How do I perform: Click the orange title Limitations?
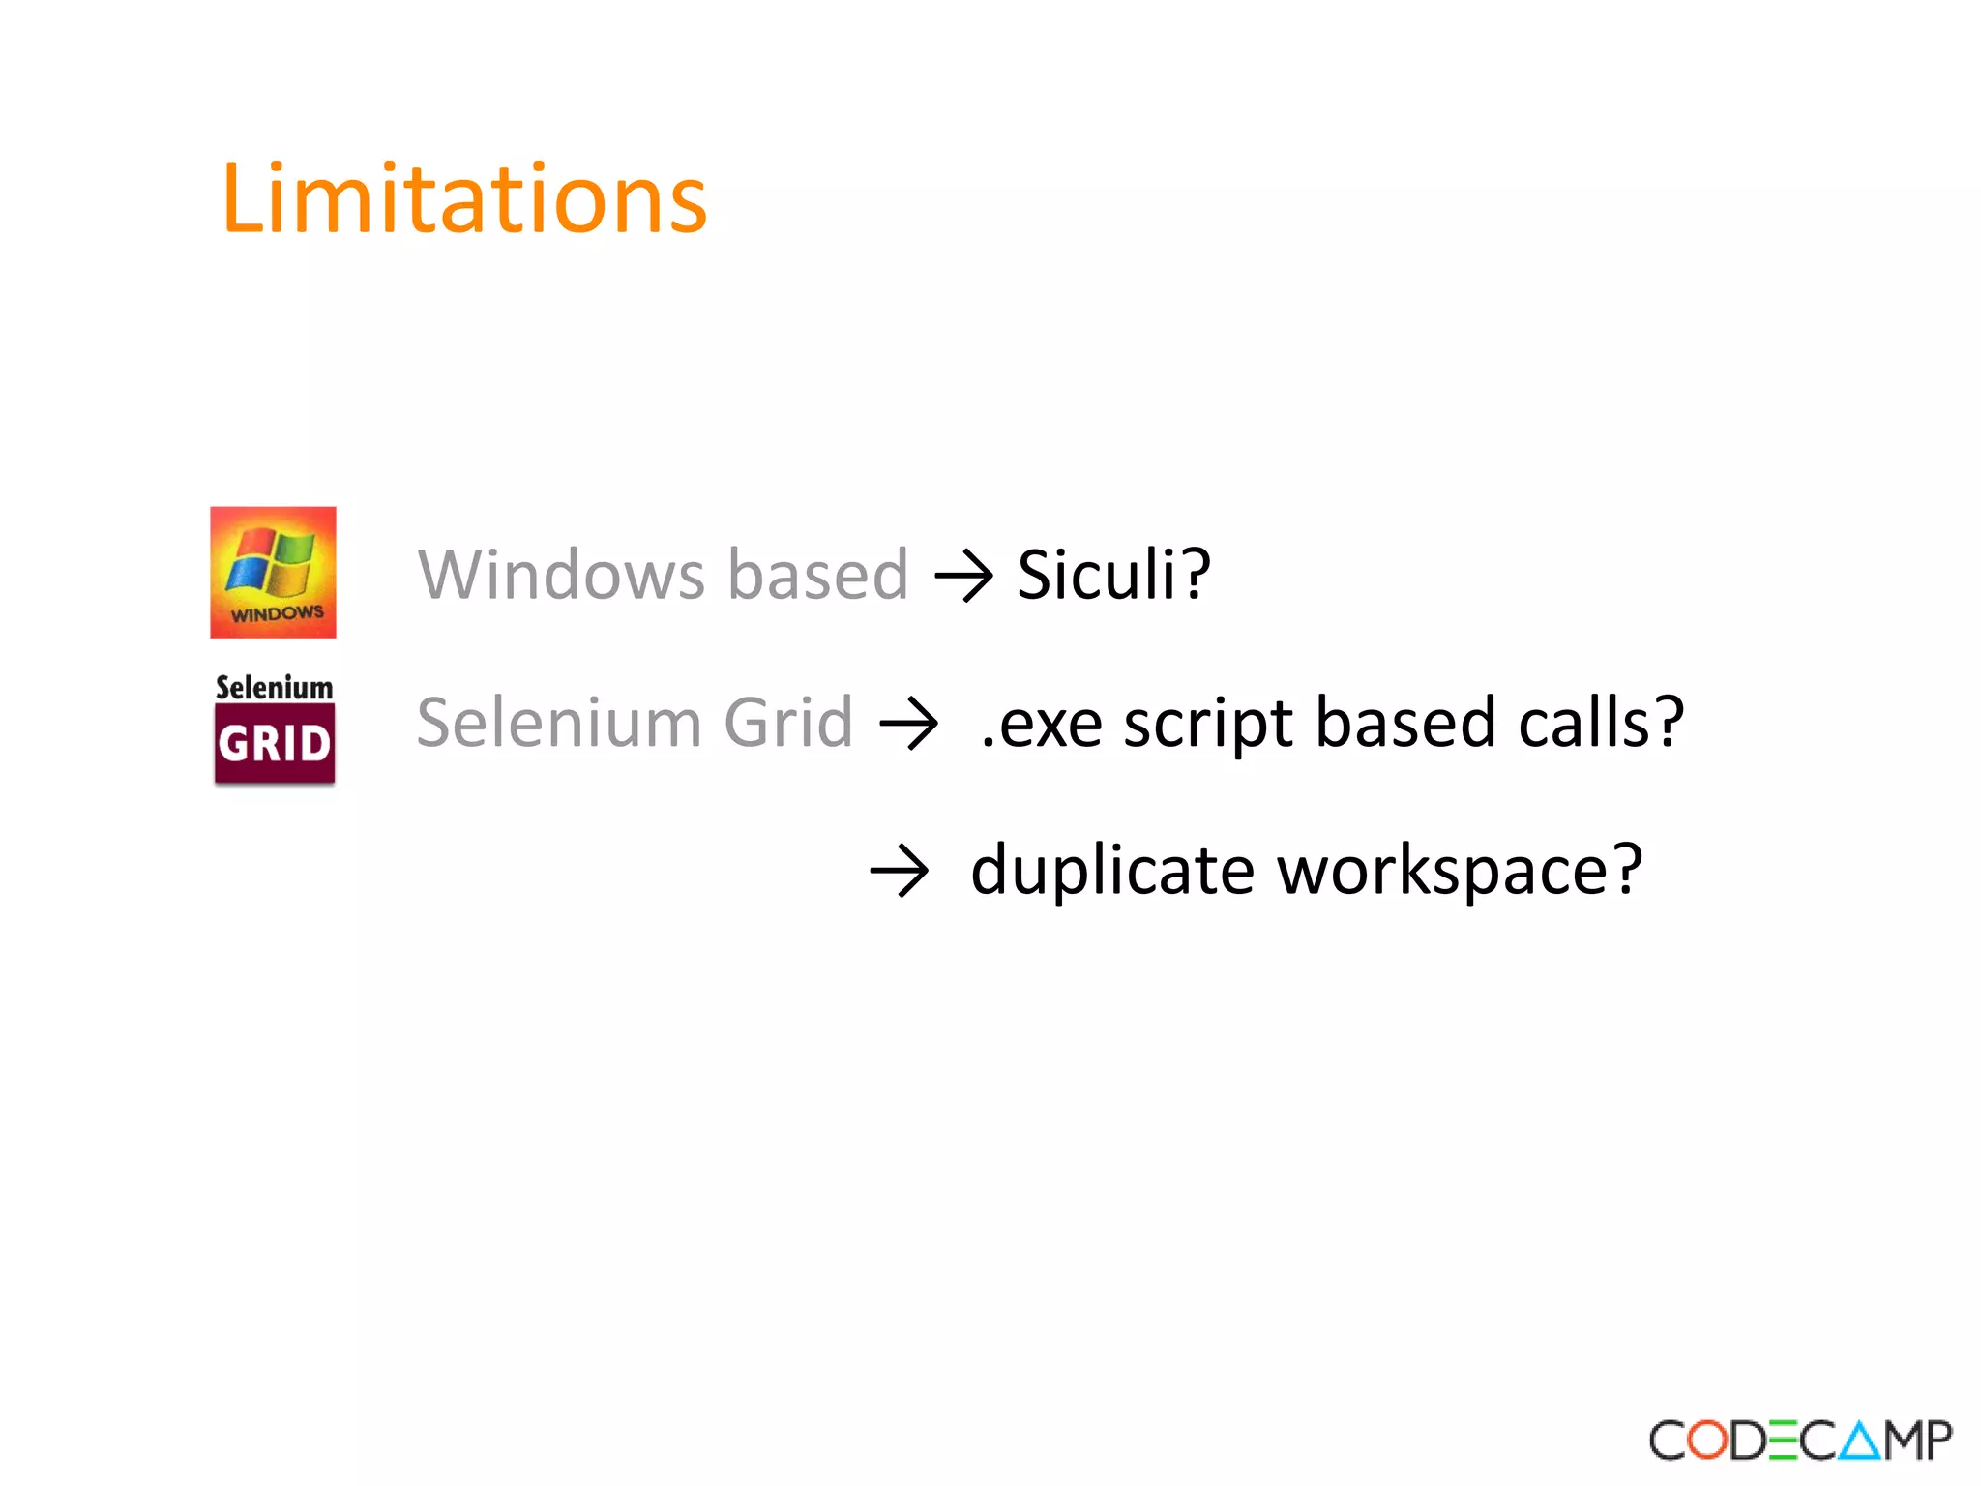click(x=463, y=199)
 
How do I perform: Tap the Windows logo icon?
click(x=273, y=572)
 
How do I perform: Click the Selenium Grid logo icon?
click(x=275, y=728)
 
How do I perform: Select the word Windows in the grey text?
click(x=561, y=575)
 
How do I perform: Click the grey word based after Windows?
click(x=817, y=575)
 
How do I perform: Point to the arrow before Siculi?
click(x=963, y=577)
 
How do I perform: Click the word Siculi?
click(x=1113, y=575)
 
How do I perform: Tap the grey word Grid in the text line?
click(x=788, y=723)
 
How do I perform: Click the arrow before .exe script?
click(x=908, y=725)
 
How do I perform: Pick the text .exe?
click(x=1041, y=725)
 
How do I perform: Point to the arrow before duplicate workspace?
click(x=899, y=871)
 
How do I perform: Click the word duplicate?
click(x=1112, y=871)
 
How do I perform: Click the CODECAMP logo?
click(x=1800, y=1441)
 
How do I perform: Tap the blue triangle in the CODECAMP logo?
click(x=1859, y=1441)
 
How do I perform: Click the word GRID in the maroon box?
click(x=275, y=744)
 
